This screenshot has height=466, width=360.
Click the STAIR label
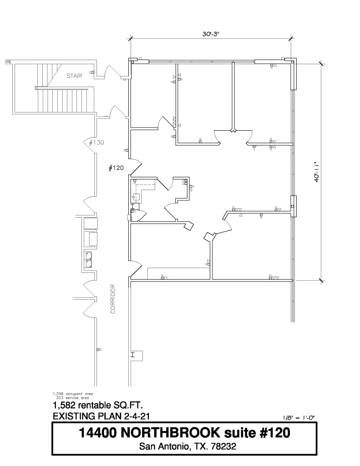pos(74,76)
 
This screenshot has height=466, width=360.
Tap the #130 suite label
pos(96,143)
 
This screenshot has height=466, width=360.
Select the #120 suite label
pos(116,168)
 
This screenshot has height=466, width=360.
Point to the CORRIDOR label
pos(113,299)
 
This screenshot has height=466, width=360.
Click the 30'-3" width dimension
pos(211,34)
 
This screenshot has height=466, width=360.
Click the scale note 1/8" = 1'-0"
pos(299,418)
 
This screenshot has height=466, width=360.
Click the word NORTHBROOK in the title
pos(170,433)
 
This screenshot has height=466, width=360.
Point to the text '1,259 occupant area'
pos(73,394)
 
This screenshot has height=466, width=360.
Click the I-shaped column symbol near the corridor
pos(132,354)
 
